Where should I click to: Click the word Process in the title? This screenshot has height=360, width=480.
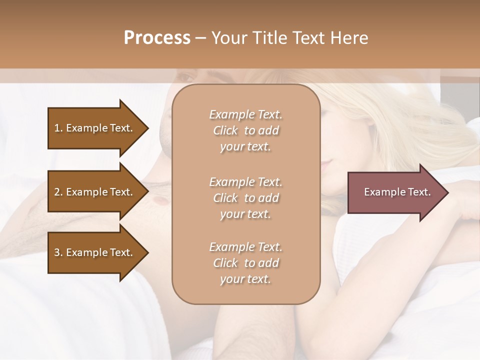(157, 38)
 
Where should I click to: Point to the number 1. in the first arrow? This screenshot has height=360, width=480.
(58, 128)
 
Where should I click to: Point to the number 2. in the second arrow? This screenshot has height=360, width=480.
(58, 192)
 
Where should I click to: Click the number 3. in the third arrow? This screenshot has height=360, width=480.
(58, 252)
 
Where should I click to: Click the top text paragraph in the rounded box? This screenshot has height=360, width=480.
(245, 130)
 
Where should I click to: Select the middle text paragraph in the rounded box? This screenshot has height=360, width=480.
(245, 198)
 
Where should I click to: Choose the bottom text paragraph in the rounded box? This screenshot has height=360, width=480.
(245, 263)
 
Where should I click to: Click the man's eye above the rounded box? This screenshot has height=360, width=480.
(185, 78)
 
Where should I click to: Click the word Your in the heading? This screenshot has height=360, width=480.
(229, 38)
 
